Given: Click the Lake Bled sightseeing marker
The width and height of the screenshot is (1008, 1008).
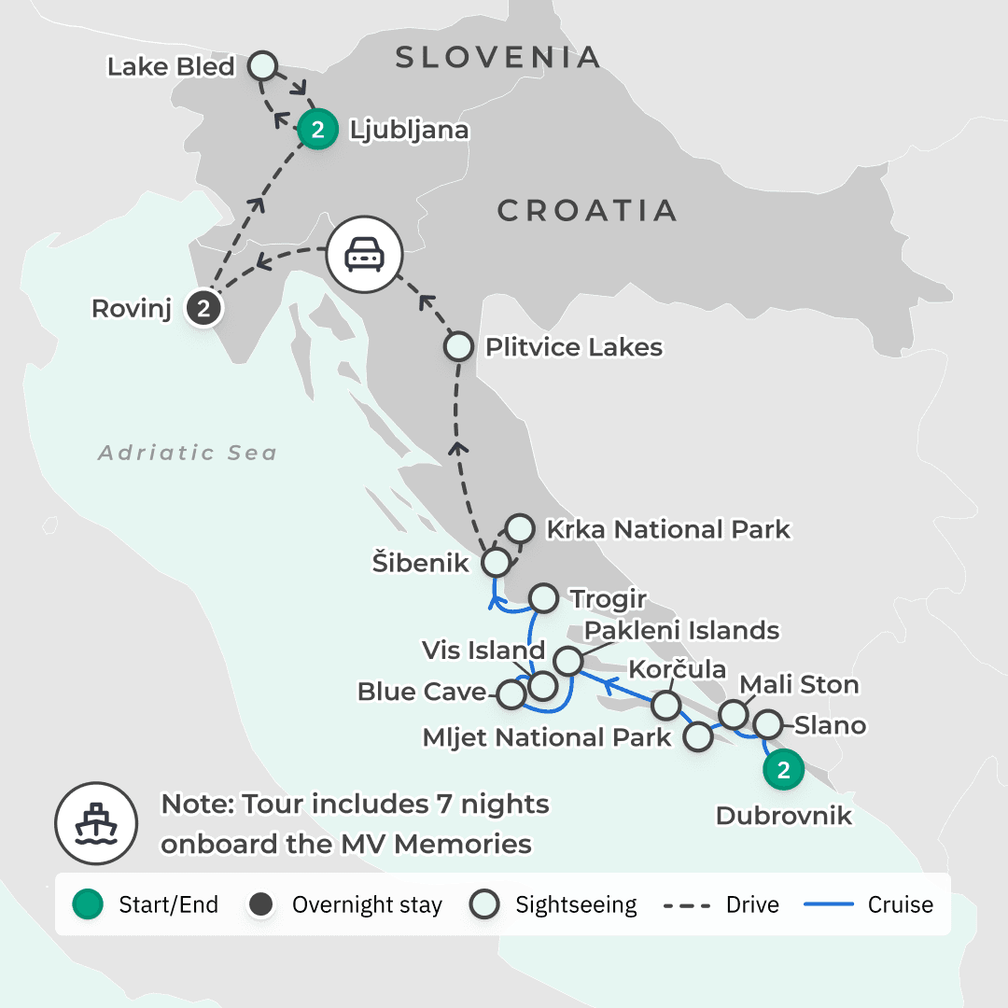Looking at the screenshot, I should pyautogui.click(x=264, y=66).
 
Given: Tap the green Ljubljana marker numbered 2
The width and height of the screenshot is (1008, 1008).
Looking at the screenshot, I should pyautogui.click(x=317, y=131).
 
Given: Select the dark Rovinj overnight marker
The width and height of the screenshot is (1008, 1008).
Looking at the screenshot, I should pyautogui.click(x=203, y=309).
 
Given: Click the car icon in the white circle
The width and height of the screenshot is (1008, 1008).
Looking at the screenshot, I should pyautogui.click(x=362, y=255).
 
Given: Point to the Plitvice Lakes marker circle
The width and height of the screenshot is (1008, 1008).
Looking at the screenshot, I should pyautogui.click(x=458, y=347).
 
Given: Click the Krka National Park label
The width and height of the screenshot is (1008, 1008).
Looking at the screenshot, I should pyautogui.click(x=668, y=530).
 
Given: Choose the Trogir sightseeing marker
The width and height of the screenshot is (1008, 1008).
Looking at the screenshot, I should pyautogui.click(x=544, y=597).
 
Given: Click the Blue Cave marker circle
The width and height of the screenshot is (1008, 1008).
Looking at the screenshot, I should pyautogui.click(x=511, y=694).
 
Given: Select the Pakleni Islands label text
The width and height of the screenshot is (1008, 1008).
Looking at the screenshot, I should pyautogui.click(x=682, y=630).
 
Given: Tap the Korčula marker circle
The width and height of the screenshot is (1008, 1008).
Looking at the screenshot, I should pyautogui.click(x=665, y=704).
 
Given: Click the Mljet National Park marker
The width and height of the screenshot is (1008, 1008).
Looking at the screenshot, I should pyautogui.click(x=699, y=737).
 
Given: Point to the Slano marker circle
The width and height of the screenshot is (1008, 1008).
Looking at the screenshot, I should pyautogui.click(x=767, y=723).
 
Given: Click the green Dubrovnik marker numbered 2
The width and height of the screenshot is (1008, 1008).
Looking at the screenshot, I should pyautogui.click(x=784, y=770).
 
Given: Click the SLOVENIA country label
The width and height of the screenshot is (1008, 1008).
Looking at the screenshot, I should pyautogui.click(x=498, y=58).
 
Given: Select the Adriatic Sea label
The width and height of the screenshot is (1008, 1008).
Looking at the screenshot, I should pyautogui.click(x=188, y=454).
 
